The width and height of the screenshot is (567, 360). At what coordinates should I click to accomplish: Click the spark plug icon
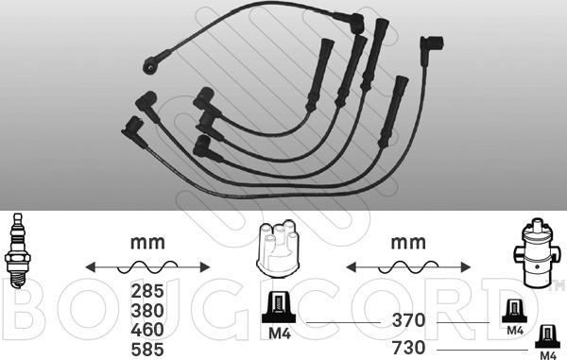[17, 250]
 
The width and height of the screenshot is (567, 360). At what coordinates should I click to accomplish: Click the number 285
[147, 291]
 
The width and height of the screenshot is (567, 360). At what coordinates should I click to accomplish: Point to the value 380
[147, 311]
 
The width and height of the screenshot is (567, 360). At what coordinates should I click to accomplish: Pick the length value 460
[147, 330]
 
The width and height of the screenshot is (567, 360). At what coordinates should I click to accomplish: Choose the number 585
[147, 350]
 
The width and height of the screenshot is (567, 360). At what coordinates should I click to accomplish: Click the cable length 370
[408, 320]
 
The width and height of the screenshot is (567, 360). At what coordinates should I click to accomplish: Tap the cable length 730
[408, 348]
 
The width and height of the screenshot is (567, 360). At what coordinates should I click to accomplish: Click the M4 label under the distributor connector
[280, 334]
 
